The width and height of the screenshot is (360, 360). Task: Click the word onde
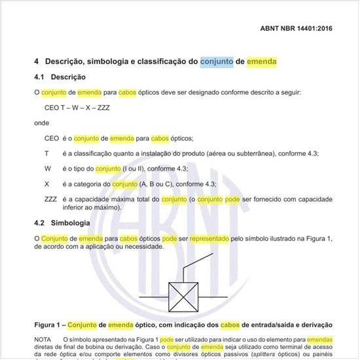(x=41, y=122)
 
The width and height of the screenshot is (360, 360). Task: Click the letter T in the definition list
(x=46, y=153)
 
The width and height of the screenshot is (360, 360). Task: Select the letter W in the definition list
(x=47, y=168)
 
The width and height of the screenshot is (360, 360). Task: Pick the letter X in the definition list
(x=46, y=184)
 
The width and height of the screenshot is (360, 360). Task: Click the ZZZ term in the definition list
(x=50, y=199)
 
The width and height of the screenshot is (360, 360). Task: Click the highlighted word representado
(x=208, y=239)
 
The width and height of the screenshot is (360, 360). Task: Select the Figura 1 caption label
(x=50, y=325)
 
